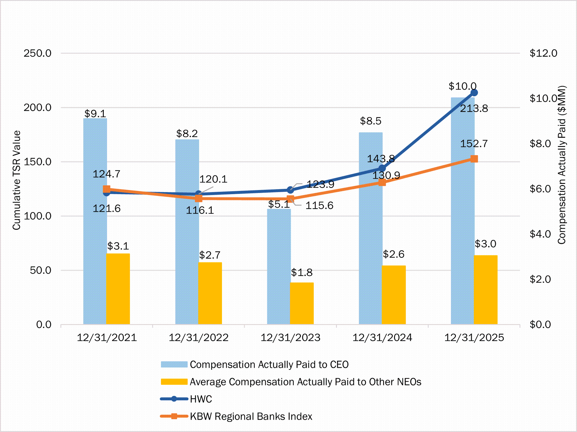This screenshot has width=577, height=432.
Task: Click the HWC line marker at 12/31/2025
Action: coord(474,93)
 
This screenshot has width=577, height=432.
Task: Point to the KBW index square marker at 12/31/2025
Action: coord(474,159)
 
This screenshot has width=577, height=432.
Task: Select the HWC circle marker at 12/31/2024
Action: coord(382,168)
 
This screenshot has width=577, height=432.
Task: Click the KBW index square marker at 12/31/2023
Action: coord(290,199)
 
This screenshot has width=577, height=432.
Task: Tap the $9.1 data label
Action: coord(95,113)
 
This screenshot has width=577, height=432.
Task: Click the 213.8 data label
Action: coord(474,109)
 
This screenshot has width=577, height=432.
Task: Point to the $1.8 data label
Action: coord(302,272)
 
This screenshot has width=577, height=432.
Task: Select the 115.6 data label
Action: coord(319,205)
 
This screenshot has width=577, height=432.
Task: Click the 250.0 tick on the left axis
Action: coord(38,53)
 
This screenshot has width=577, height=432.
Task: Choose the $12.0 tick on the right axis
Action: coord(543,53)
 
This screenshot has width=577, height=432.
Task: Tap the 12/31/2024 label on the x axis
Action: coord(382,338)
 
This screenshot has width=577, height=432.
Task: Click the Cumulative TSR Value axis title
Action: coord(16,180)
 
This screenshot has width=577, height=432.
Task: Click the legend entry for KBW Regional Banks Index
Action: coord(251,416)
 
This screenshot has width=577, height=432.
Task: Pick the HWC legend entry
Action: coord(201,399)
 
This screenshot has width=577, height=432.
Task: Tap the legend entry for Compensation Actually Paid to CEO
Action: coord(269,365)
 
